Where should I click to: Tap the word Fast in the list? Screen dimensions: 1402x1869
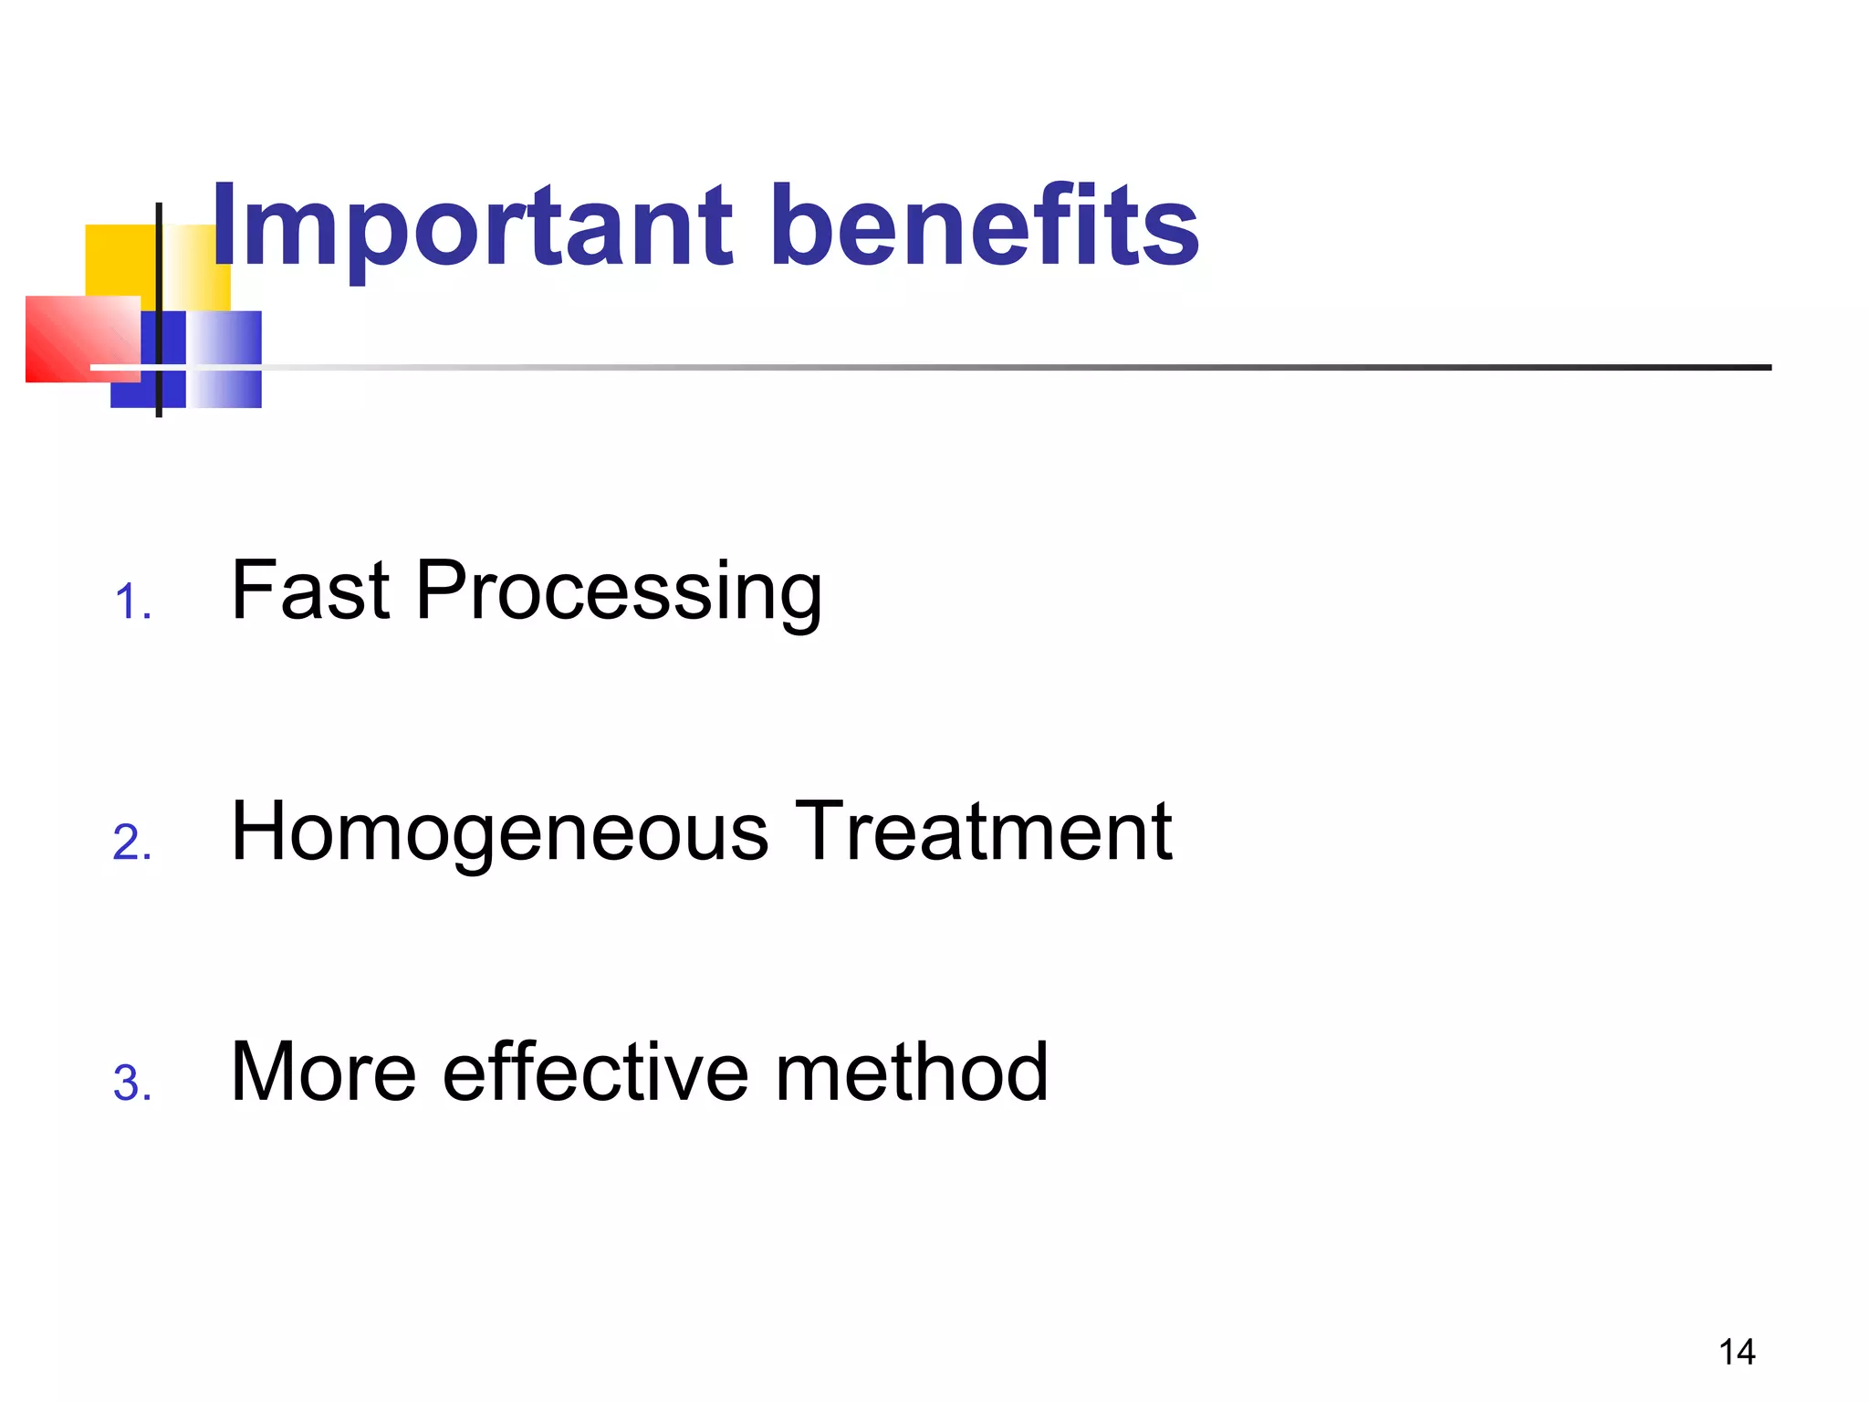[311, 591]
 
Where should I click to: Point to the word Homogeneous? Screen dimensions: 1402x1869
[500, 832]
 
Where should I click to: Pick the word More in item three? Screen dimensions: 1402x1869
[323, 1072]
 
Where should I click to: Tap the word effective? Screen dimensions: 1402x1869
[596, 1072]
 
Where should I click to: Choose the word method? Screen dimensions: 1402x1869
[912, 1072]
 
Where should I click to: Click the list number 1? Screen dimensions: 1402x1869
[131, 603]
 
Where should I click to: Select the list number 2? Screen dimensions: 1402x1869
[131, 842]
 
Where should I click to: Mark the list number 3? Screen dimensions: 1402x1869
[131, 1083]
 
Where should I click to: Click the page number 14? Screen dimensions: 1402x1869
[1737, 1352]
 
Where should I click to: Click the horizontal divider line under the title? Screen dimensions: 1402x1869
[1004, 368]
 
